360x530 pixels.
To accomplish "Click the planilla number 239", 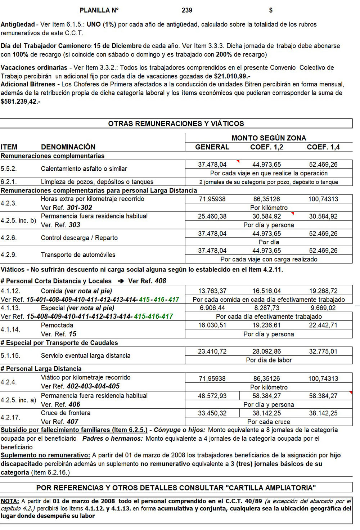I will tap(187, 10).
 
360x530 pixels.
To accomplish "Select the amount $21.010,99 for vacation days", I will tap(231, 76).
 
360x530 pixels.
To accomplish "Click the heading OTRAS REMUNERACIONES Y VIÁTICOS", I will tap(176, 124).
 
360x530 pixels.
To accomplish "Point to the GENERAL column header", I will tap(212, 147).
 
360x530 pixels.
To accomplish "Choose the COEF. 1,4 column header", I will tap(323, 147).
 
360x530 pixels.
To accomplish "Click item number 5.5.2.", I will tap(9, 169).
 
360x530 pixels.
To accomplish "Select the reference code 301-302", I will tap(79, 208).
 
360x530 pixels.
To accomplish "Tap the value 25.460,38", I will tap(212, 216).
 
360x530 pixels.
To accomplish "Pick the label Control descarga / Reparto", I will tap(79, 238).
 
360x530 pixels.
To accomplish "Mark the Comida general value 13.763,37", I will tap(212, 291).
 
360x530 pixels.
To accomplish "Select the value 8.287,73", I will tap(266, 308).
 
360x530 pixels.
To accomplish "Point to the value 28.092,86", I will tap(266, 351).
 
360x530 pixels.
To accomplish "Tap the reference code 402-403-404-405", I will tap(93, 386).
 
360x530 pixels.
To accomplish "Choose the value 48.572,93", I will tap(212, 396).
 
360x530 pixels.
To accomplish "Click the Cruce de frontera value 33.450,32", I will tap(212, 413).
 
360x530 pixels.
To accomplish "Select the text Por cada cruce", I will tap(269, 422).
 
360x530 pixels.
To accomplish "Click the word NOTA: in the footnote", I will tap(10, 501).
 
